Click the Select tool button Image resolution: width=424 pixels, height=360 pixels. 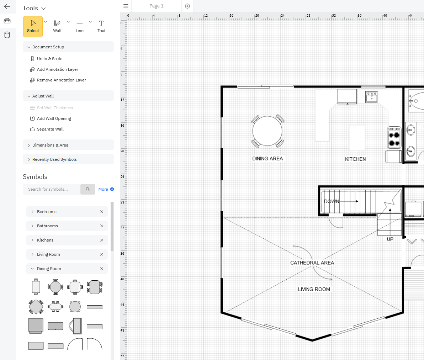[x=33, y=26]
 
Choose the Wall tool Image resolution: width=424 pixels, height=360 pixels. [x=57, y=26]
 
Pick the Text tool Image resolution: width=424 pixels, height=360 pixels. [x=101, y=26]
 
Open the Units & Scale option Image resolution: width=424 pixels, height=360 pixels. [x=49, y=59]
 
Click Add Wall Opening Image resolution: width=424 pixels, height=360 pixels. [x=54, y=118]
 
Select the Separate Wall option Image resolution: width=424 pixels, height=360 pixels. [x=50, y=129]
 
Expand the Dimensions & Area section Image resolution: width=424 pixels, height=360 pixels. [x=50, y=145]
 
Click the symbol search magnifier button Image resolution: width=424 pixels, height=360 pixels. [x=88, y=189]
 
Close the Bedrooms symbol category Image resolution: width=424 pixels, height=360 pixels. [x=102, y=212]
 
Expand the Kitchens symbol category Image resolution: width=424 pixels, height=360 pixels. [x=45, y=240]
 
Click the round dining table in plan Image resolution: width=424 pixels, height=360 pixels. [x=267, y=131]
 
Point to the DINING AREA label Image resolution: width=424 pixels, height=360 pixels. [x=267, y=159]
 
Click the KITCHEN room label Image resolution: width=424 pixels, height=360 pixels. [x=355, y=159]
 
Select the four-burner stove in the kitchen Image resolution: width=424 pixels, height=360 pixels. [x=394, y=137]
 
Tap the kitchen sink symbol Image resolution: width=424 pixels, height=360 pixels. [x=372, y=97]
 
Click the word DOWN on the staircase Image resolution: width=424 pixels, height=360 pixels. [x=332, y=201]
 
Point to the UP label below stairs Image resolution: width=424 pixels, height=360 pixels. [x=390, y=239]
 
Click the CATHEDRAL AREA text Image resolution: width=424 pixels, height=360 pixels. [x=312, y=263]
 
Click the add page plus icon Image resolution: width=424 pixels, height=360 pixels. [x=187, y=6]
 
